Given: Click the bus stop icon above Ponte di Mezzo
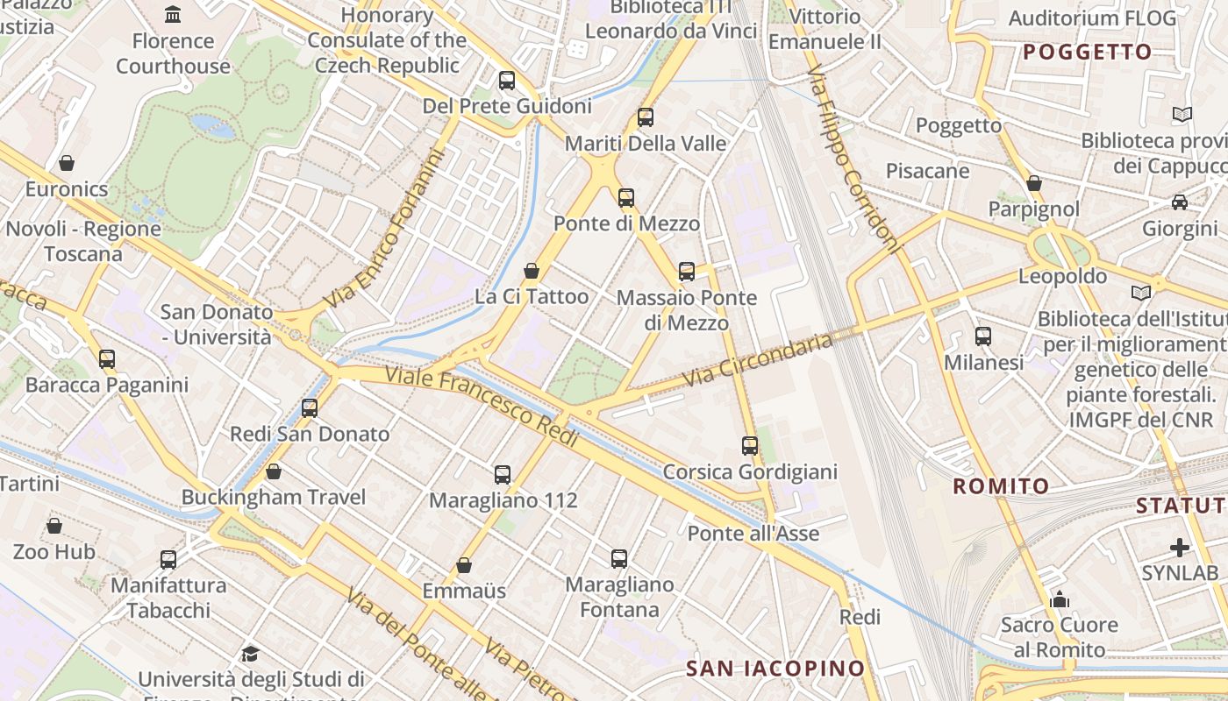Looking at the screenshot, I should click(625, 197).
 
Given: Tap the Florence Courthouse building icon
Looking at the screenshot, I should click(173, 14).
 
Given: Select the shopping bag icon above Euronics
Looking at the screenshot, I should click(66, 162).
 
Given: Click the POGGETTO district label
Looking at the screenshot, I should click(1087, 52).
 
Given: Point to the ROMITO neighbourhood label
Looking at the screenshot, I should click(1001, 486).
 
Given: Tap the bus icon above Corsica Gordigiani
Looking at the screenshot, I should click(749, 445).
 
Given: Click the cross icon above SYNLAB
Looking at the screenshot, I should click(1180, 548).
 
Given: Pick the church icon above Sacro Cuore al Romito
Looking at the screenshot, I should click(1060, 599).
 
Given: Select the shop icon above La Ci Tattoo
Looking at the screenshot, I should click(531, 271).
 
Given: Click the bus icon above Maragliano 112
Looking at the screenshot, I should click(502, 474).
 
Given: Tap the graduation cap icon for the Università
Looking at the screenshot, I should click(250, 654).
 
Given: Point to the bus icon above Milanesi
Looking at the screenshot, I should click(982, 336).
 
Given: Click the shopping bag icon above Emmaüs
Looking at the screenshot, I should click(463, 565).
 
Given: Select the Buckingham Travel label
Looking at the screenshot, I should click(273, 497).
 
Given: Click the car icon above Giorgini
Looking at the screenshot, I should click(1180, 202).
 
